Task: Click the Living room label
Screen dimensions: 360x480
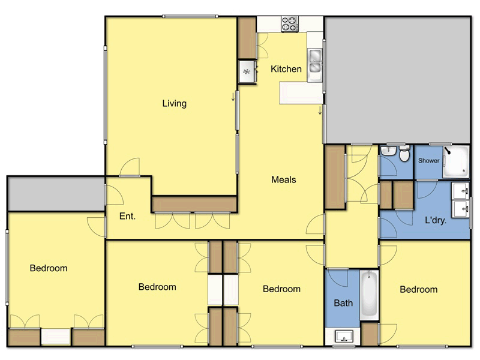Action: click(x=175, y=103)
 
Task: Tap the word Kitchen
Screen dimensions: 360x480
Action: click(x=286, y=69)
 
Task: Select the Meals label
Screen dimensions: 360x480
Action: click(x=284, y=179)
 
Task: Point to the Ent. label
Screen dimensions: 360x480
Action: click(x=127, y=217)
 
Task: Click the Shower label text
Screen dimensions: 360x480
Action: click(x=428, y=161)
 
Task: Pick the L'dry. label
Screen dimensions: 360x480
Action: click(x=435, y=221)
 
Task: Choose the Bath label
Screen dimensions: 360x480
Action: click(x=343, y=303)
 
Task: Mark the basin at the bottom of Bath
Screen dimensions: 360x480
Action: click(x=344, y=336)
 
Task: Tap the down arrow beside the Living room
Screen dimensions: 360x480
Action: click(x=233, y=98)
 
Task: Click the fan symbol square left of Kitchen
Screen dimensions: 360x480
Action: click(x=247, y=72)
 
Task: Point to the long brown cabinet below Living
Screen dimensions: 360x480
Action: click(x=193, y=204)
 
